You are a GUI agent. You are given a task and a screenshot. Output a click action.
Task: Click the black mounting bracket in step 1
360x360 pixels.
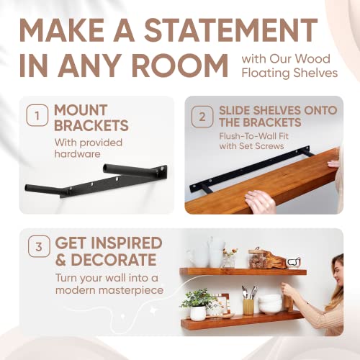pyautogui.click(x=101, y=180)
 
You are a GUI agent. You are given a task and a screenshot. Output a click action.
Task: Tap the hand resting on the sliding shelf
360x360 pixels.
pyautogui.click(x=260, y=201)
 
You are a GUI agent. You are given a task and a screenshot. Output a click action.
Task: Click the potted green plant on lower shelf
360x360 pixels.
pyautogui.click(x=197, y=302)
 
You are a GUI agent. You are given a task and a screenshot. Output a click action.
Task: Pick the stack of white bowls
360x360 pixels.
pyautogui.click(x=271, y=302)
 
